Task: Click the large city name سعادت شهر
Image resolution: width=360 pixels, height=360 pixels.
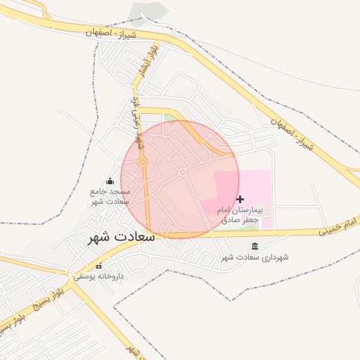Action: [120, 237]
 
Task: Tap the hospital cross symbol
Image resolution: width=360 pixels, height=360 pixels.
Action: [240, 200]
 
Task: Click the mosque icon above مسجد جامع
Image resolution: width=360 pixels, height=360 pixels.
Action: [109, 181]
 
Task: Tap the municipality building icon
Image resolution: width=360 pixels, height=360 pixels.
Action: [255, 246]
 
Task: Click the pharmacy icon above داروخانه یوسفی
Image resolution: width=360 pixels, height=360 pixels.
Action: [98, 266]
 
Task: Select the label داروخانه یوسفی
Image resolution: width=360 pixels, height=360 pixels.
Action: [98, 276]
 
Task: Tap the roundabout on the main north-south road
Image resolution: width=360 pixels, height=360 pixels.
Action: [143, 162]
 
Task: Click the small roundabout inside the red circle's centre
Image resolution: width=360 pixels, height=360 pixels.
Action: [182, 172]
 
